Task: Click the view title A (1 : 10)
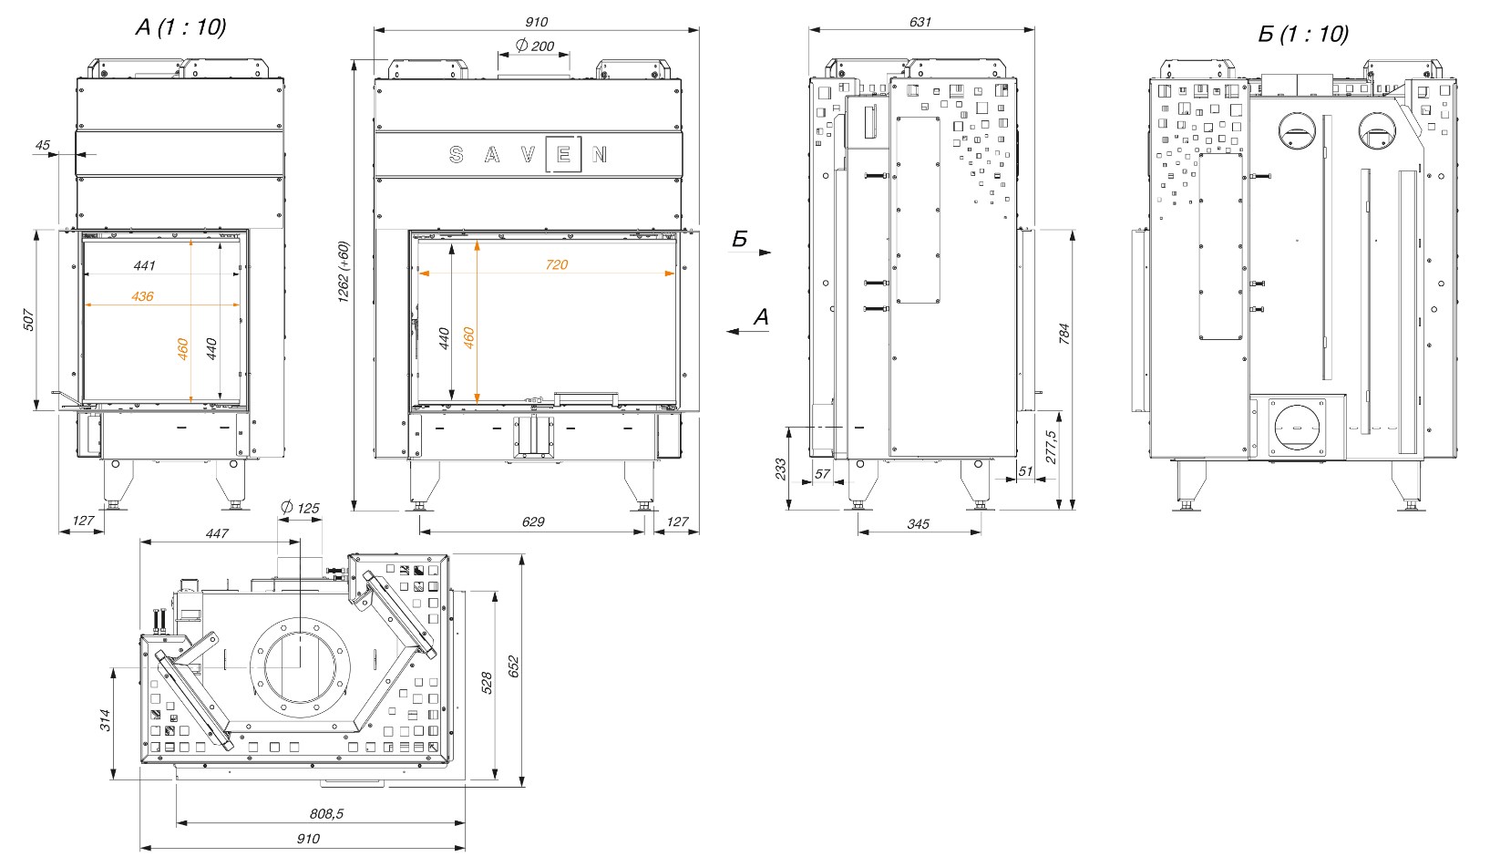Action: click(x=180, y=28)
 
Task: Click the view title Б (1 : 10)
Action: click(x=1302, y=35)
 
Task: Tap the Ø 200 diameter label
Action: click(x=534, y=46)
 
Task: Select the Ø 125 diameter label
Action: click(x=301, y=508)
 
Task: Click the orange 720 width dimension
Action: click(x=557, y=264)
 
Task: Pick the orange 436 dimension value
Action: click(x=142, y=296)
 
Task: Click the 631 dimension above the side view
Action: click(x=920, y=22)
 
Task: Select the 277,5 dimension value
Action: click(x=1049, y=448)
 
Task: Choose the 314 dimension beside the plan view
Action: click(x=105, y=720)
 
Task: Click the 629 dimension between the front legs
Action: click(x=533, y=522)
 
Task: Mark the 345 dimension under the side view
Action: click(x=919, y=524)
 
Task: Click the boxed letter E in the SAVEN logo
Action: click(x=562, y=155)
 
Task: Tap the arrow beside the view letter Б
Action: click(x=759, y=253)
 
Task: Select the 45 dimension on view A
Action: click(x=43, y=144)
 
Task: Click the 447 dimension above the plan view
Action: click(x=217, y=532)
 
